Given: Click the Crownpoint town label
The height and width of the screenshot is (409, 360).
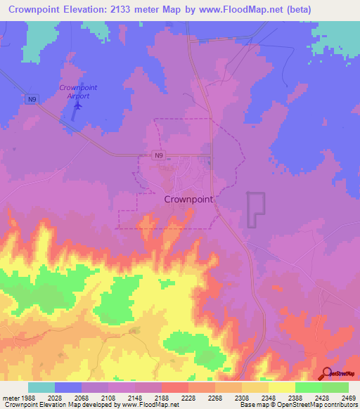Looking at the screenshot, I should coord(188,199).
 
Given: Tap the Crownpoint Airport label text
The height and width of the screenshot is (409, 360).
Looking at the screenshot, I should coord(77,91).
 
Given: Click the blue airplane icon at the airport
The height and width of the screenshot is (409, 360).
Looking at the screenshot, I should coord(77,106).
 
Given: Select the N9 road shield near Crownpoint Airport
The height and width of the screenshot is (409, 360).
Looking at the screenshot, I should coord(32,100).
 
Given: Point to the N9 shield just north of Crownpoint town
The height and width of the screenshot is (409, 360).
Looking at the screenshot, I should coord(162,156).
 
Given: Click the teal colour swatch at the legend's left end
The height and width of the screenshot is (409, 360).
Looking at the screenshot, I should coord(41,387).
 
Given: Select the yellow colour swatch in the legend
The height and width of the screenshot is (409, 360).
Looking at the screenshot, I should coord(281,387).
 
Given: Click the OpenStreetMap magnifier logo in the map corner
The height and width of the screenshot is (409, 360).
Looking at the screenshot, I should coord(326,373).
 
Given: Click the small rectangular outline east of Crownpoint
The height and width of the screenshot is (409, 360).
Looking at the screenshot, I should coord(255,209).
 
